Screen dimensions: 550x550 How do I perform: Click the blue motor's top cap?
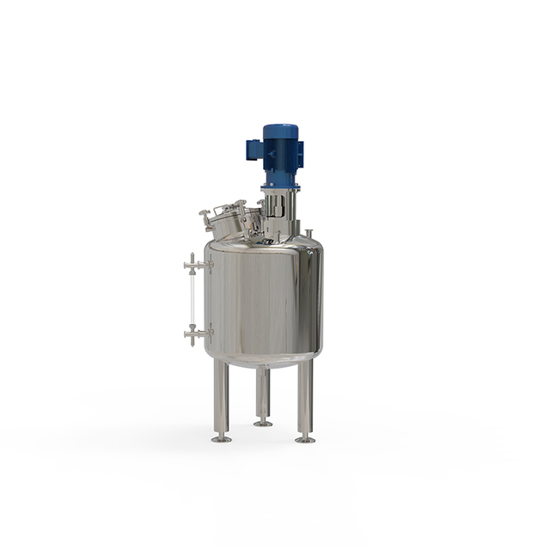point(280,130)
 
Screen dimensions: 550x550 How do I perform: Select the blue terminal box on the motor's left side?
point(254,150)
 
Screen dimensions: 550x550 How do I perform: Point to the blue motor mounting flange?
point(280,184)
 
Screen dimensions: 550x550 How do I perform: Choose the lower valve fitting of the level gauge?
point(197,333)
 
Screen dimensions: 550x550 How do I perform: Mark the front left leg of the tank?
point(222,399)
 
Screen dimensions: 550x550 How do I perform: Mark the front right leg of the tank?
point(305,399)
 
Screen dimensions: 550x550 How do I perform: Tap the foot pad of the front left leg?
point(222,439)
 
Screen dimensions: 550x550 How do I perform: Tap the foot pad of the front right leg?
point(305,439)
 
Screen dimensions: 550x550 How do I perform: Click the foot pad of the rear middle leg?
point(263,423)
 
